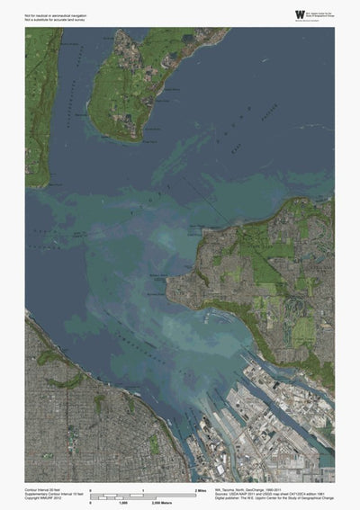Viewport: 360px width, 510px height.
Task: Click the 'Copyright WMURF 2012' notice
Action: (42, 498)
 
